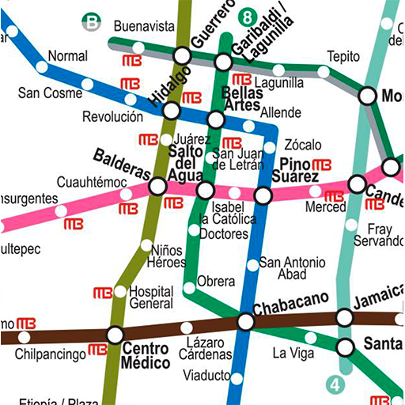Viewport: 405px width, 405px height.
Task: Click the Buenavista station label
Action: (143, 26)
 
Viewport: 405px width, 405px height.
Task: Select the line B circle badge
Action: (93, 22)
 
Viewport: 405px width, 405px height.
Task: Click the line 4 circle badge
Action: (336, 385)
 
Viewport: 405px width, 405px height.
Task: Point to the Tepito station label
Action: (344, 57)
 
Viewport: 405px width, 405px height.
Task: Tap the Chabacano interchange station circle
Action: (246, 322)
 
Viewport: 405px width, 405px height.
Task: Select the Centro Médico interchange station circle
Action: (115, 335)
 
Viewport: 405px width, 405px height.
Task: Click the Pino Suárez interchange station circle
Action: (263, 195)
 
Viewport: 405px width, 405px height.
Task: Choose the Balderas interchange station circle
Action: (157, 187)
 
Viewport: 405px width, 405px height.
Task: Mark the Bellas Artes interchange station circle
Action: (215, 120)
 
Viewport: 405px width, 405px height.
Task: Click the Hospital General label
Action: (150, 297)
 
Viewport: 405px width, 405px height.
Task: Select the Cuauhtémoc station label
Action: (92, 183)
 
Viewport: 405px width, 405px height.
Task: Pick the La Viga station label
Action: (293, 354)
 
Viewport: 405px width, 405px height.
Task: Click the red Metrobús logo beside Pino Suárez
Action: (322, 165)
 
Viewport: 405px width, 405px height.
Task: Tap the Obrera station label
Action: (216, 282)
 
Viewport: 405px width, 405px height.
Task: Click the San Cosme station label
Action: (50, 93)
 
